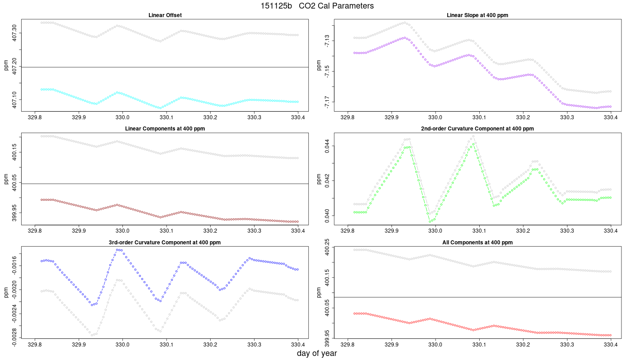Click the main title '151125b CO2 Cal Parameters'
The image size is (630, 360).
coord(317,6)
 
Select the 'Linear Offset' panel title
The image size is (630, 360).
coord(165,15)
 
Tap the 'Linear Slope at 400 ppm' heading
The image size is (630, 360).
coord(477,15)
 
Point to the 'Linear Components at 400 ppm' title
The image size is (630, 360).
coord(165,129)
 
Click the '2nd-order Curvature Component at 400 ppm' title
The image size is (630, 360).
coord(477,129)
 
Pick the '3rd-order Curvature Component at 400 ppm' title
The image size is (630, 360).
coord(165,243)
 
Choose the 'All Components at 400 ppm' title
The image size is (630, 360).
coord(477,243)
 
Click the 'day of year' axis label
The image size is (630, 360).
coord(317,354)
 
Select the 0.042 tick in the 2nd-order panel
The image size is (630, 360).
coord(327,180)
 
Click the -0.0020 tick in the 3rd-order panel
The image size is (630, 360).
coord(14,290)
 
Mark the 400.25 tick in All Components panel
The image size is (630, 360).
coord(327,247)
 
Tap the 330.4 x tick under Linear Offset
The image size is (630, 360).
coord(298,117)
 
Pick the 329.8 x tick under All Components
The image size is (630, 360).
coord(347,344)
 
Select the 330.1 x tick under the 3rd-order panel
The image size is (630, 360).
coord(166,344)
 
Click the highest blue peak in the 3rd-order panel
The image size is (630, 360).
coord(119,250)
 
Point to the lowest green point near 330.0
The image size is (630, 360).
coord(430,221)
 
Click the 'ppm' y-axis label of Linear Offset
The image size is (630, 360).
coord(6,65)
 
